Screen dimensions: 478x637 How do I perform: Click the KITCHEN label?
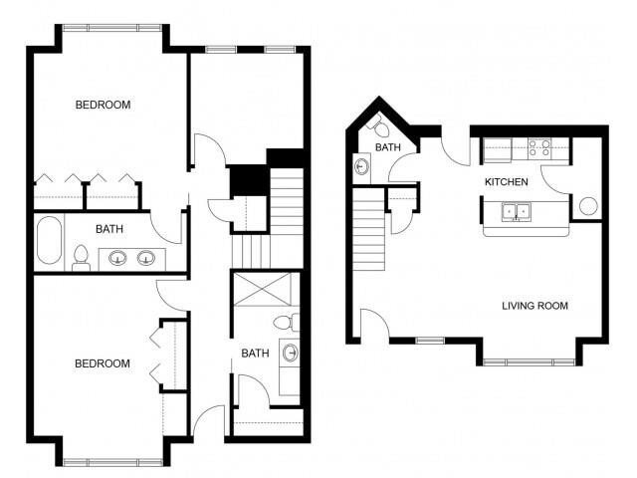(506, 182)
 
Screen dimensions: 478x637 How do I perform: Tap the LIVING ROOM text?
(534, 306)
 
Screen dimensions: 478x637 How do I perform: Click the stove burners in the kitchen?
(539, 148)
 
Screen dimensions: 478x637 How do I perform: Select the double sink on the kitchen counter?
(515, 211)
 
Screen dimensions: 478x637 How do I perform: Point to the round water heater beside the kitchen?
(587, 206)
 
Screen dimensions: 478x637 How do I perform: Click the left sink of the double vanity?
(117, 259)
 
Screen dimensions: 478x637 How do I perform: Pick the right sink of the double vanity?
(146, 259)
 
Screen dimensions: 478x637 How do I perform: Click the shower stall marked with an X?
(259, 291)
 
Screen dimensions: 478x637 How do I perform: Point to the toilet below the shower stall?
(285, 322)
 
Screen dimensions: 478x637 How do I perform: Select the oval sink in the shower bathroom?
(291, 353)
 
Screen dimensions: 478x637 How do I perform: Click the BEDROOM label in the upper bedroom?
(103, 105)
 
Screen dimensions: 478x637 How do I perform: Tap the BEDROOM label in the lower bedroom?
(103, 363)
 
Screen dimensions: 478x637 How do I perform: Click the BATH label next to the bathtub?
(109, 229)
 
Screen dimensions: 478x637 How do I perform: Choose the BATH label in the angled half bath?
(387, 148)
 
